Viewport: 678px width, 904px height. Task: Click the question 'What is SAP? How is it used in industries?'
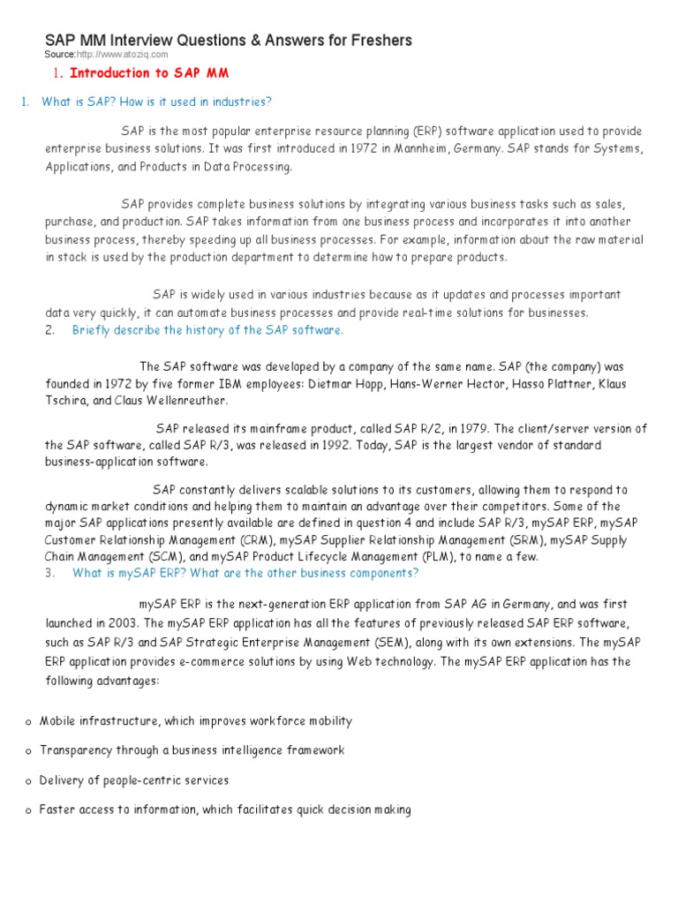(156, 102)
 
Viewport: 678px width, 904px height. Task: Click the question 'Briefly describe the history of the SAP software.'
(207, 330)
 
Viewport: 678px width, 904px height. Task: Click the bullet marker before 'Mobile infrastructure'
(29, 722)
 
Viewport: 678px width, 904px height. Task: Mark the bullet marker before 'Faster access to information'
(29, 810)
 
